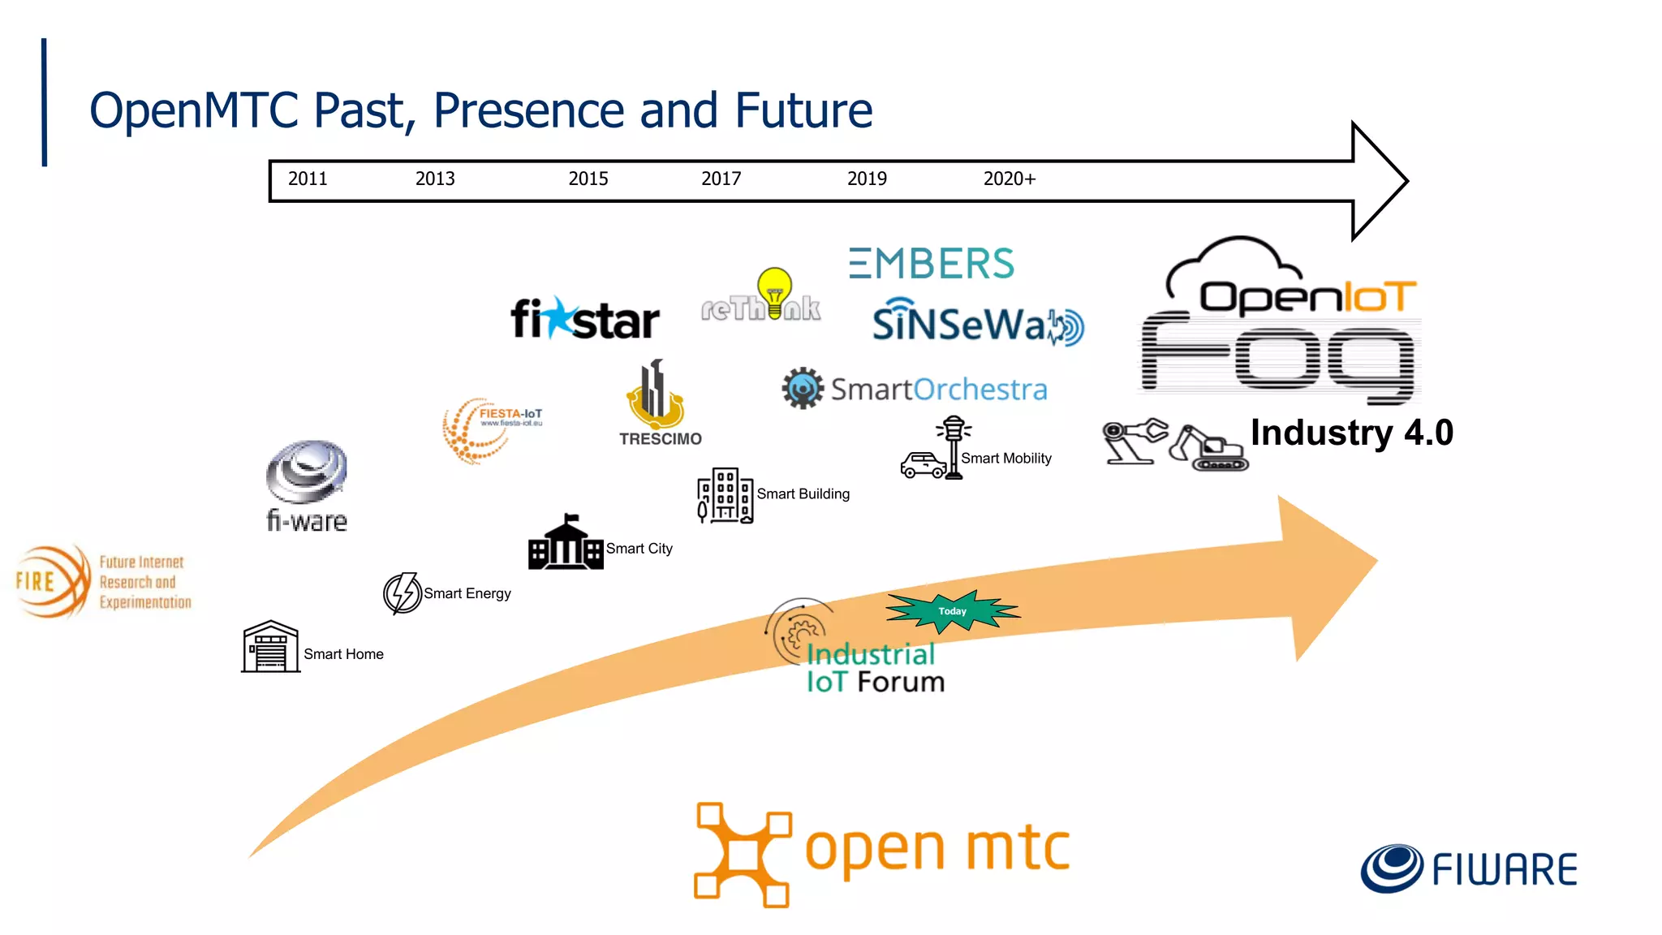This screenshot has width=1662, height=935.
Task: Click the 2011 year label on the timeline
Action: pyautogui.click(x=308, y=179)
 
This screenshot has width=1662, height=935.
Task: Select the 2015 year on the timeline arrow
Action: pyautogui.click(x=588, y=179)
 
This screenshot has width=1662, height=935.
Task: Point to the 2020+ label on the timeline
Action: pyautogui.click(x=1010, y=179)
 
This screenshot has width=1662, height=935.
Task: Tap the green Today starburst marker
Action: pyautogui.click(x=952, y=611)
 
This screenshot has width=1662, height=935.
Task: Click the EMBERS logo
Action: pyautogui.click(x=932, y=264)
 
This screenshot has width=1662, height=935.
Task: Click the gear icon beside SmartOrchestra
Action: pyautogui.click(x=803, y=389)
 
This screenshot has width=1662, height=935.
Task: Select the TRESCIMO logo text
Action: pyautogui.click(x=661, y=439)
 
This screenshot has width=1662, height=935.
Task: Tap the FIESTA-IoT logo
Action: pyautogui.click(x=491, y=429)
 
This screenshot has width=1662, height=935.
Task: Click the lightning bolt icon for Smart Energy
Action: pyautogui.click(x=402, y=593)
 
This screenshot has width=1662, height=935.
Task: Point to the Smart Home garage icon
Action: pyautogui.click(x=271, y=647)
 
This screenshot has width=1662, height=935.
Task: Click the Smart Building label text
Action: pyautogui.click(x=803, y=494)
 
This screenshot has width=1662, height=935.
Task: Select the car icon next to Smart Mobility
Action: pyautogui.click(x=924, y=465)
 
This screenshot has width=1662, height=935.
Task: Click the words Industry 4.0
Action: pyautogui.click(x=1351, y=433)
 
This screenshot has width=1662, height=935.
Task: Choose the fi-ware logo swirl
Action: pyautogui.click(x=307, y=472)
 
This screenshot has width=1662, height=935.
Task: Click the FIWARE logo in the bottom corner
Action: pyautogui.click(x=1469, y=868)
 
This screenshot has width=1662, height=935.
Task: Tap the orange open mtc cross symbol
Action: pyautogui.click(x=742, y=854)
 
